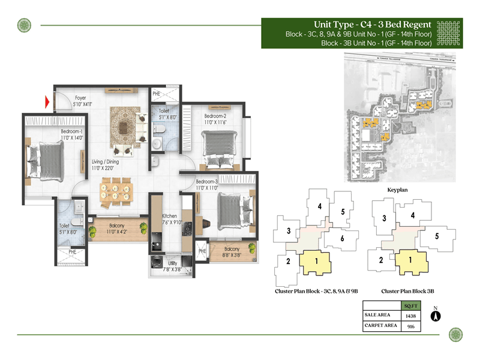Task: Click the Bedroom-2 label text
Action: (215, 116)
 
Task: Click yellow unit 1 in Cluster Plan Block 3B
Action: (410, 260)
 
